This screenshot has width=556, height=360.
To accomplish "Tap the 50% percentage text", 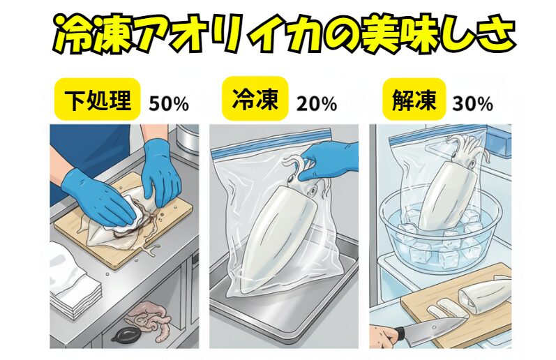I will [x=168, y=105].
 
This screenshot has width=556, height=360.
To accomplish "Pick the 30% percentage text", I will [x=472, y=105].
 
